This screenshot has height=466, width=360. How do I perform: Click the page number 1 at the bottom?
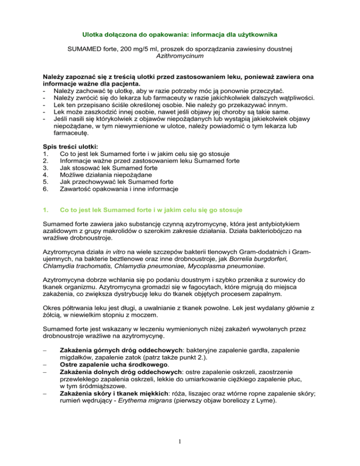click(x=180, y=443)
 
